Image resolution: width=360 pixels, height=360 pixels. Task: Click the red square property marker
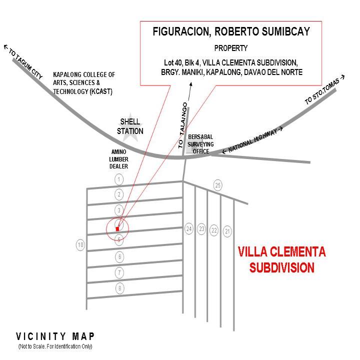(x=117, y=229)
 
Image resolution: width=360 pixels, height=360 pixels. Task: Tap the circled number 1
(x=119, y=179)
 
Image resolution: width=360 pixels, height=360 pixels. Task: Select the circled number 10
(x=80, y=245)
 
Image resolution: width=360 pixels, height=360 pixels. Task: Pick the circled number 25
(x=218, y=185)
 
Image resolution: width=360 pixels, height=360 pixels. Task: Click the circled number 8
(x=119, y=288)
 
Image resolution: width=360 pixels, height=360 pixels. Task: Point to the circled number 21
(x=227, y=231)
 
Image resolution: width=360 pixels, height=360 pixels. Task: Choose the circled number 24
(x=189, y=229)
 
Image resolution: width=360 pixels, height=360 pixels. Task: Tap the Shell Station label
(x=130, y=126)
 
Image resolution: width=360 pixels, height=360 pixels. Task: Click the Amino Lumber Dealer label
(x=118, y=159)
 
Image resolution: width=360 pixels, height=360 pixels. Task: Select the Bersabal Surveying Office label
(x=200, y=144)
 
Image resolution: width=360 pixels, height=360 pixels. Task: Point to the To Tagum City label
(x=23, y=62)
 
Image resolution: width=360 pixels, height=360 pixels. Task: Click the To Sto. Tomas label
(x=324, y=90)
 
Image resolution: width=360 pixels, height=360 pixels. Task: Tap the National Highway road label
(x=252, y=140)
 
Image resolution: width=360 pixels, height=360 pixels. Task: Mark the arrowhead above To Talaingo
(x=190, y=84)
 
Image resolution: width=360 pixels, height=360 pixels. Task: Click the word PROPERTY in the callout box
(x=231, y=48)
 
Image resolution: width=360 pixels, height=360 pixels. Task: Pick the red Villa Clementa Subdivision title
(x=281, y=259)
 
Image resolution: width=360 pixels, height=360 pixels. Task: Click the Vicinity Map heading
(x=55, y=336)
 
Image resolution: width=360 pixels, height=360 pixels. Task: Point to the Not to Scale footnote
(x=55, y=346)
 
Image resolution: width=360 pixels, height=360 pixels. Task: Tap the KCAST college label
(x=84, y=83)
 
